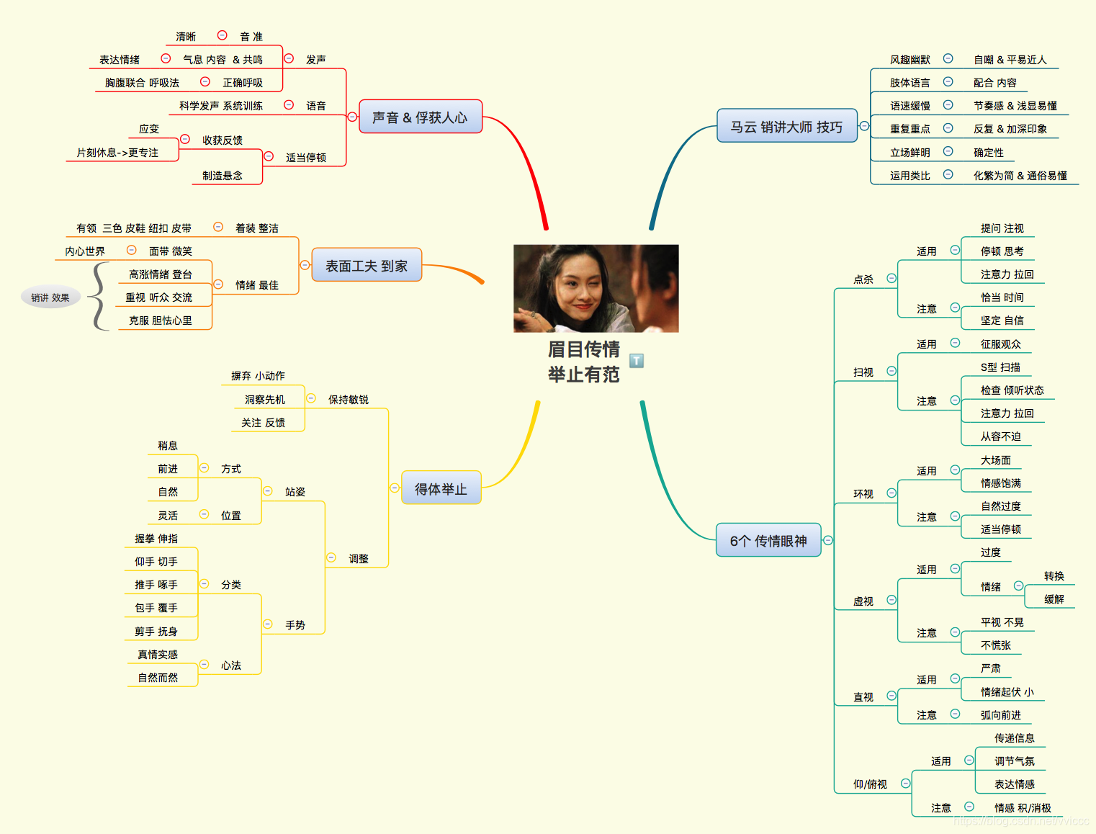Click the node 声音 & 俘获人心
click(x=420, y=117)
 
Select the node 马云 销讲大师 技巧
click(x=786, y=126)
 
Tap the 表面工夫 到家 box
click(x=367, y=266)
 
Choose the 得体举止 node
click(x=441, y=488)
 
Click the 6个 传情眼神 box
click(x=768, y=540)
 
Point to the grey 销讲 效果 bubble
click(x=50, y=297)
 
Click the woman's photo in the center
click(x=596, y=288)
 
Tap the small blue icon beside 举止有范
click(x=637, y=360)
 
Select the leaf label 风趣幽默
click(x=909, y=60)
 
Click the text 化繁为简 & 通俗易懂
click(x=1020, y=175)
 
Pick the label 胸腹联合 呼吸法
click(x=142, y=83)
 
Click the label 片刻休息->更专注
click(x=117, y=152)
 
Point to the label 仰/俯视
click(x=870, y=784)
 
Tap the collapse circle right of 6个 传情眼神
click(x=828, y=540)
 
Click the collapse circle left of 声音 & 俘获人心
click(x=352, y=117)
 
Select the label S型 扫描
click(x=1000, y=367)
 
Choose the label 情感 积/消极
click(x=1023, y=807)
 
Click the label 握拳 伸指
click(x=156, y=538)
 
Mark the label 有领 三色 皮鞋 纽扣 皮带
click(x=134, y=228)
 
